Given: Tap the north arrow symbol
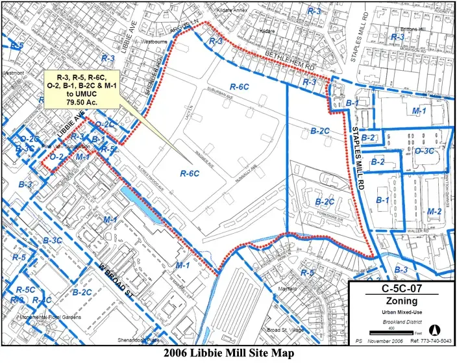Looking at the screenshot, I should click(436, 328).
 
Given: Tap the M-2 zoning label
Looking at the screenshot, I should click(434, 212).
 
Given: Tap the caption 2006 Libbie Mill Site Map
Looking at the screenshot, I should click(228, 353).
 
